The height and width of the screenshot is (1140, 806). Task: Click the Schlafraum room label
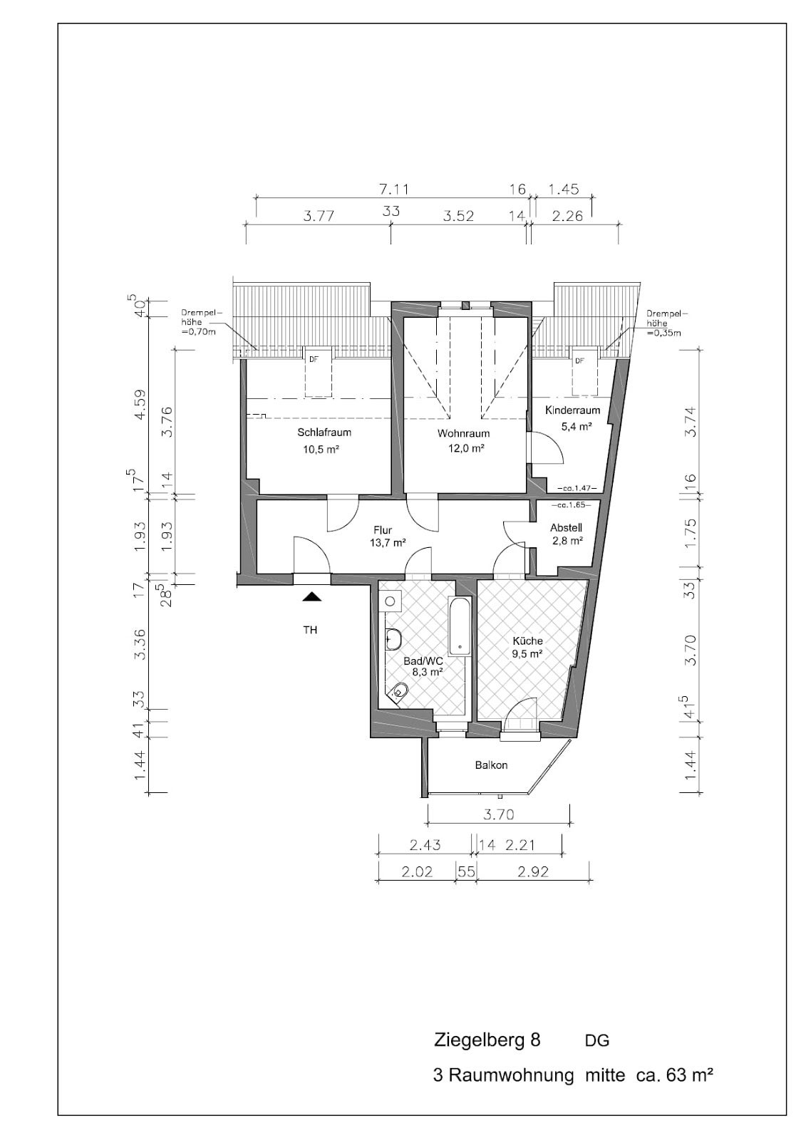pos(324,432)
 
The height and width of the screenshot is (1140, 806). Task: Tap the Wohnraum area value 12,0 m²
pos(463,449)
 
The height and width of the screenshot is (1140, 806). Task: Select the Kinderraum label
pos(573,410)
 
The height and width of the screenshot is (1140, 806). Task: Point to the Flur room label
pos(383,531)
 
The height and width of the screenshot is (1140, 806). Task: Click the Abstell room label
pos(566,528)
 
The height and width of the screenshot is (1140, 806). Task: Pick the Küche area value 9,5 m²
pos(527,654)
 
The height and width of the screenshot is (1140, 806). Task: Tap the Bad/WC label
pos(423,661)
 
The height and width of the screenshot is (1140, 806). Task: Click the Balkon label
pos(491,765)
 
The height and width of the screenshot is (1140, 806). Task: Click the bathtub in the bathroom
pos(460,626)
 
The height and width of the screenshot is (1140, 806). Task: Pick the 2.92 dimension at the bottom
pos(532,872)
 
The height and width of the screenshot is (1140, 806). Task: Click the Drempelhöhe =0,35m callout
pos(664,323)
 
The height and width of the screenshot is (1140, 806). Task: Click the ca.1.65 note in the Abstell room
pos(570,506)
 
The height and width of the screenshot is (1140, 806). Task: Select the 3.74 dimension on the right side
pos(690,423)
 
